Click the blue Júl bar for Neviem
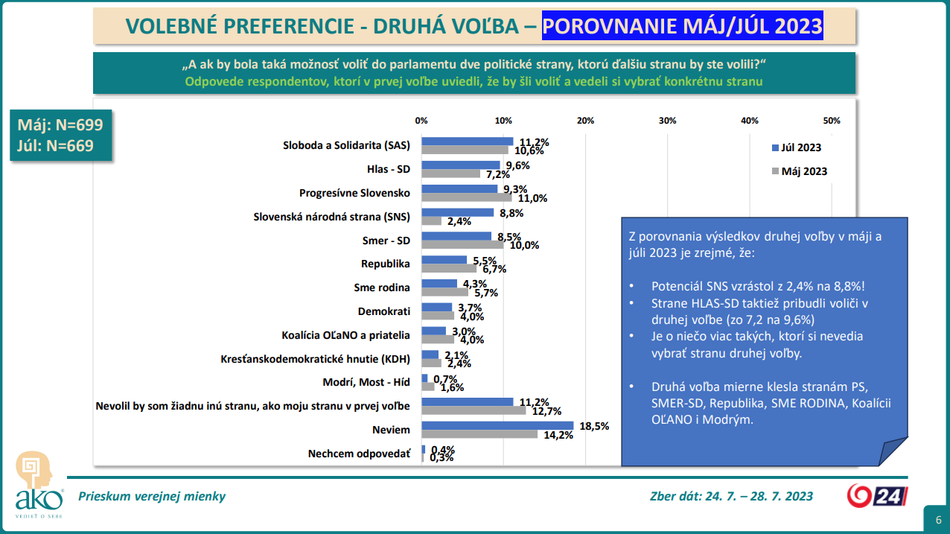[x=497, y=425]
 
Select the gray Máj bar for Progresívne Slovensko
[x=467, y=197]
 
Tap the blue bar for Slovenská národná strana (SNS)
[x=458, y=212]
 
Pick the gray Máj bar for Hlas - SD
[x=451, y=174]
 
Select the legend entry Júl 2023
[x=800, y=147]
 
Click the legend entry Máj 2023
[x=800, y=171]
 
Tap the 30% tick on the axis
[x=667, y=121]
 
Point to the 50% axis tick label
[x=831, y=121]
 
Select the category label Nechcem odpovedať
[x=359, y=453]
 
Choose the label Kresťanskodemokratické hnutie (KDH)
[x=316, y=358]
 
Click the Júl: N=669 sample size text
[x=56, y=145]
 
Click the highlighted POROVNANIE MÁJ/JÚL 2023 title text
[x=682, y=27]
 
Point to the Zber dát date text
[x=731, y=496]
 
